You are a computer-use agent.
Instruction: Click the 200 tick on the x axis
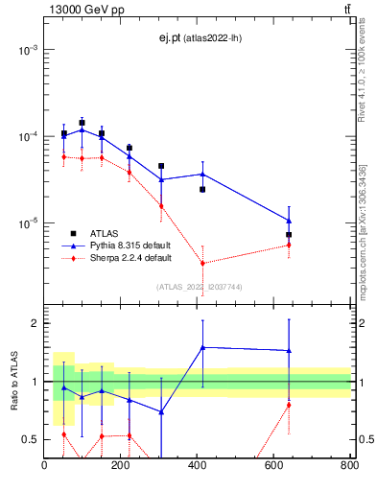click(121, 467)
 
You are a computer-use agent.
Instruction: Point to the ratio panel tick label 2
click(33, 323)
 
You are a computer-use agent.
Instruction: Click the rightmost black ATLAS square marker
click(289, 234)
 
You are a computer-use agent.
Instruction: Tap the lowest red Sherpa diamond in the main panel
click(202, 263)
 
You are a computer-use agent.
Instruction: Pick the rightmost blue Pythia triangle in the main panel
click(289, 221)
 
